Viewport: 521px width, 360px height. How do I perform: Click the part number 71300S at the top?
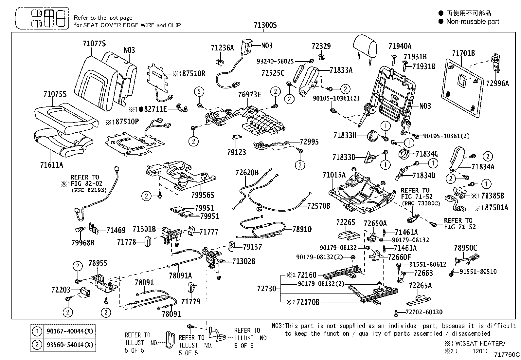[x=265, y=25]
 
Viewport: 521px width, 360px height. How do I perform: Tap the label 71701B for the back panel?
[x=463, y=53]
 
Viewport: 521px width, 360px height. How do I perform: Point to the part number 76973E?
[x=249, y=95]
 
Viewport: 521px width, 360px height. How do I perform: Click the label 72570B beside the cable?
[x=318, y=206]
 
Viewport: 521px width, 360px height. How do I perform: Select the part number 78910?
[x=302, y=229]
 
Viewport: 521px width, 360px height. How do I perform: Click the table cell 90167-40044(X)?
[x=70, y=331]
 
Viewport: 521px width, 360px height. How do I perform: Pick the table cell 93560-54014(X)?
[x=70, y=345]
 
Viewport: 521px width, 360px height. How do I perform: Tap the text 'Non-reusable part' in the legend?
[x=473, y=22]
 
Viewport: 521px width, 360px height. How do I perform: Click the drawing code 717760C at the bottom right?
[x=507, y=354]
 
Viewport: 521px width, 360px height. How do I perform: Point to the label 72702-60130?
[x=424, y=312]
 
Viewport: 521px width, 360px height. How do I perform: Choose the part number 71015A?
[x=334, y=175]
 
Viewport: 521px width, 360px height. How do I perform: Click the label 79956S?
[x=203, y=195]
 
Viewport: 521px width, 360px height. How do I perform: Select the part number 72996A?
[x=497, y=84]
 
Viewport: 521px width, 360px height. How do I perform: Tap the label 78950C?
[x=465, y=248]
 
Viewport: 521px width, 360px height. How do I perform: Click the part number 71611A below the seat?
[x=51, y=165]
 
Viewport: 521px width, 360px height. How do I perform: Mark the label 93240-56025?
[x=275, y=61]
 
